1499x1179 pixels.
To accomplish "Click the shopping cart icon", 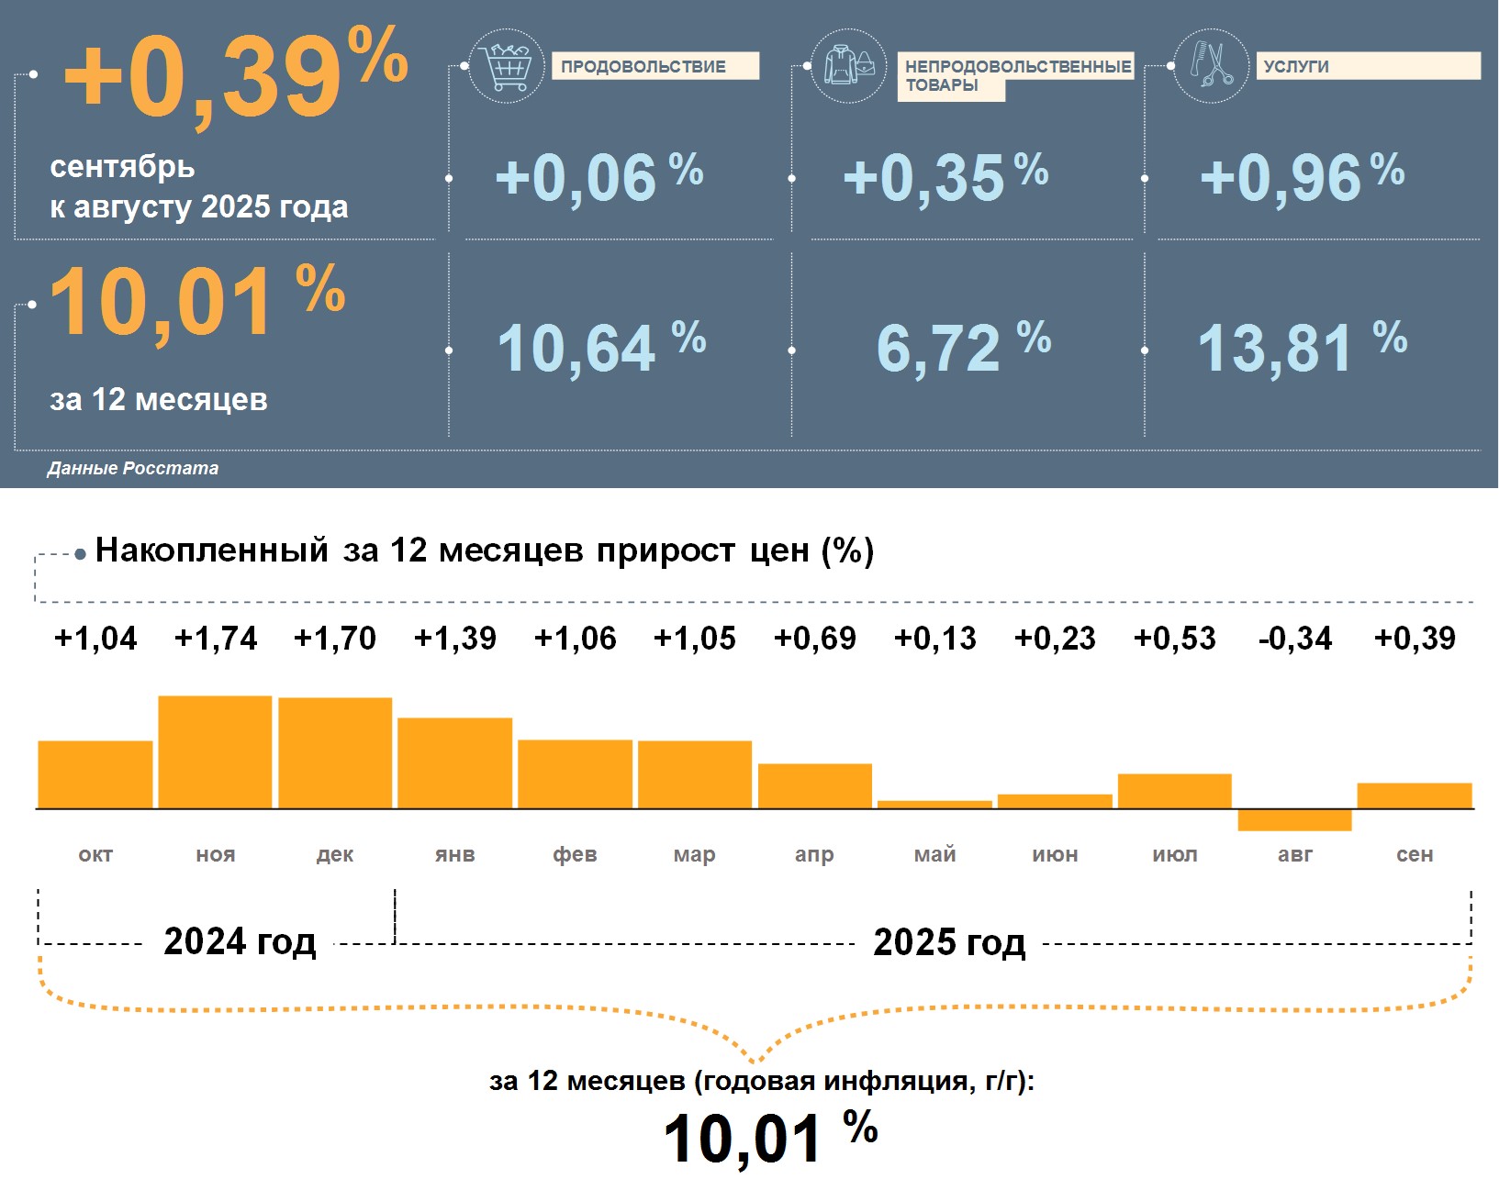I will (506, 66).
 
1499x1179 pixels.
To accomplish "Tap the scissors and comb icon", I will (1212, 66).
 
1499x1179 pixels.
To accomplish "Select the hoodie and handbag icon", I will (849, 66).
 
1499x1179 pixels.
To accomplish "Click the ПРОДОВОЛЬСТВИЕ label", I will (643, 66).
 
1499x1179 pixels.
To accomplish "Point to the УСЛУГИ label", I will (1296, 66).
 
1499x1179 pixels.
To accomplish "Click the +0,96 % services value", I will (1301, 176).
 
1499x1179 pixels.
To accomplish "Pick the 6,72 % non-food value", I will (963, 348).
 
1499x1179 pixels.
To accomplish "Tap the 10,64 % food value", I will (600, 348).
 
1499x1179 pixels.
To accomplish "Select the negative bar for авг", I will (1294, 820).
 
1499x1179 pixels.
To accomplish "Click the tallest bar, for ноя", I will (215, 752).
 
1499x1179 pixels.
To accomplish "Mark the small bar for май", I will (934, 805).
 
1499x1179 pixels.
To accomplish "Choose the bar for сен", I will (1414, 795).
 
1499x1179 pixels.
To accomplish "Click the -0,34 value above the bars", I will (1294, 639).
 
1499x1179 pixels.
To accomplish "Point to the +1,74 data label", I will (216, 639).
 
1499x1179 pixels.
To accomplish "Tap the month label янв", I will (455, 855).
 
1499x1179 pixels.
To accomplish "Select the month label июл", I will (1175, 855).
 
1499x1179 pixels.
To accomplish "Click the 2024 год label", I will (240, 942).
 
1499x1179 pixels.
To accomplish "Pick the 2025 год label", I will (949, 942).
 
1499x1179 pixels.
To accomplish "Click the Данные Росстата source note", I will (133, 469).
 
